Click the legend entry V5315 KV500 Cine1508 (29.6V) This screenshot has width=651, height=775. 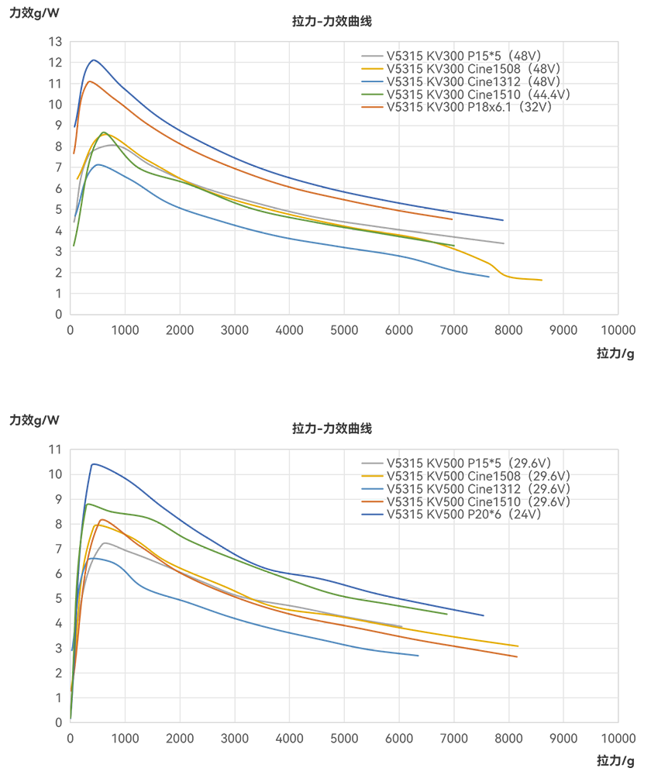478,476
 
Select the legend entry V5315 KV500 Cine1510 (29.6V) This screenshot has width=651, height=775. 478,501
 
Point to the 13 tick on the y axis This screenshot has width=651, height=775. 55,41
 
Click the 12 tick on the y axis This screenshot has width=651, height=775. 55,62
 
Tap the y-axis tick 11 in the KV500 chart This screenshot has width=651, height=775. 55,449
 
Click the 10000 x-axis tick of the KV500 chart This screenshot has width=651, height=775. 618,737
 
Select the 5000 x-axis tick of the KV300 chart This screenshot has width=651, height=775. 344,329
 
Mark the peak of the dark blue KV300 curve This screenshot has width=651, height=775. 94,60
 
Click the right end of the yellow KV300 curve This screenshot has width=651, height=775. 541,280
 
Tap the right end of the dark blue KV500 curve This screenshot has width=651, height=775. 483,615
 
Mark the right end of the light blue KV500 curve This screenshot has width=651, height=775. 418,656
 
